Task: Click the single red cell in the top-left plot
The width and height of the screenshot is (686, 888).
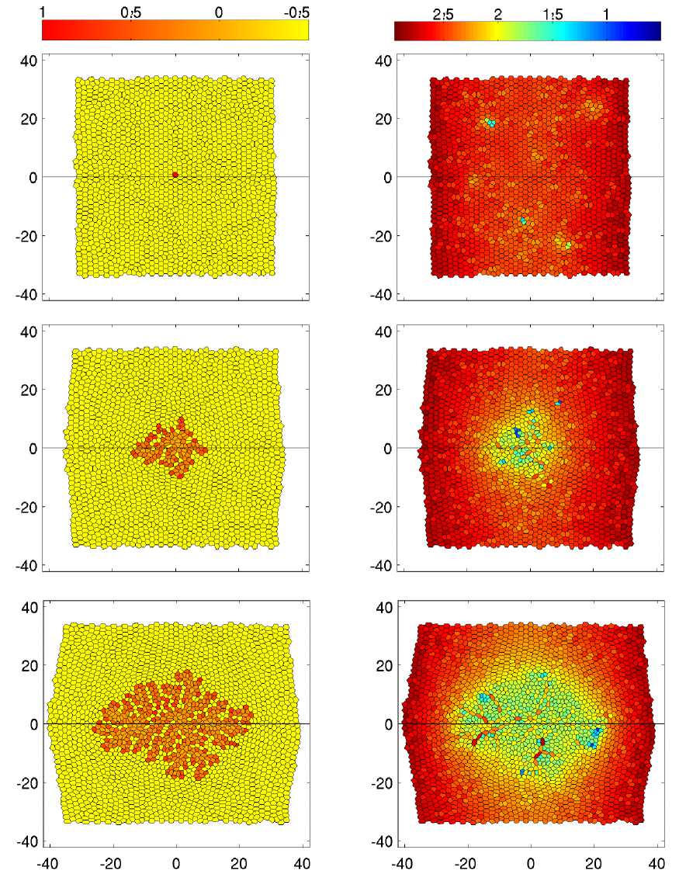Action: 175,175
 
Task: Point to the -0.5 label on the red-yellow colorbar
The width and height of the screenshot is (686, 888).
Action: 296,12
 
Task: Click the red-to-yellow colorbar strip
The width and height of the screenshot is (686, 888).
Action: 175,29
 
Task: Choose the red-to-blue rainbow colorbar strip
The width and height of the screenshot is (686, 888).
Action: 528,30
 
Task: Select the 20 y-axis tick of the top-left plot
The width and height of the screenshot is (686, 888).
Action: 29,118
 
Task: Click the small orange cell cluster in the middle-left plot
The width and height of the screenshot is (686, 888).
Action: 168,449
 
